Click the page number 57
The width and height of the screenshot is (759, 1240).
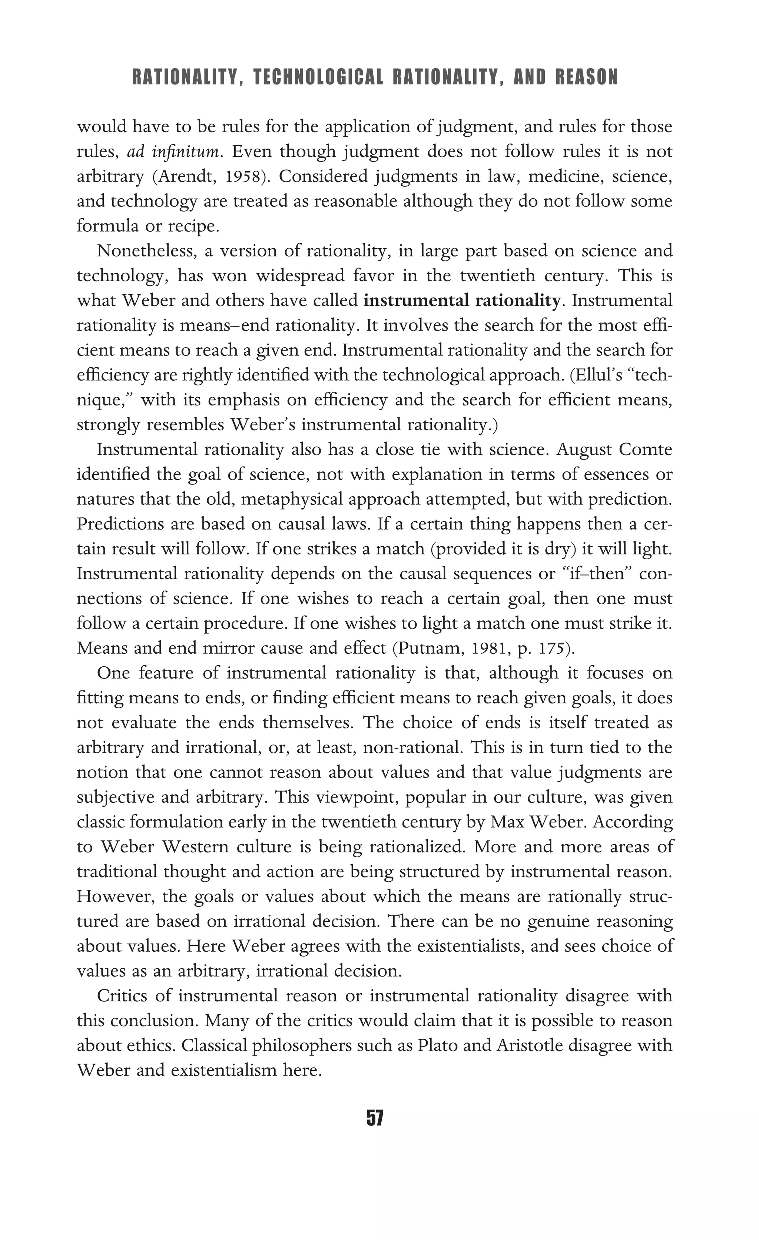tap(375, 1118)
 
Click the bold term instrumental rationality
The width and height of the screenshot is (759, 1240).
tap(461, 301)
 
